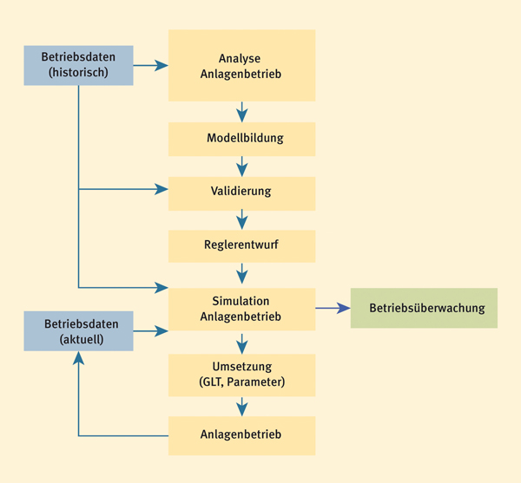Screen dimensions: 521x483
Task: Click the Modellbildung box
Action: coord(241,139)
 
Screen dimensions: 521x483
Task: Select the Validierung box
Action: coord(241,193)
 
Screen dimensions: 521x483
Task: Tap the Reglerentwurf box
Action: coord(241,246)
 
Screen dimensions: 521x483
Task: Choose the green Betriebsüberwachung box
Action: coord(424,308)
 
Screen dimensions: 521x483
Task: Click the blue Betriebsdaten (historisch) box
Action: coord(78,65)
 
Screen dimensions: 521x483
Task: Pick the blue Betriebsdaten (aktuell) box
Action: coord(78,331)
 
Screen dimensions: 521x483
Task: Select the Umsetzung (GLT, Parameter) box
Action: coord(241,375)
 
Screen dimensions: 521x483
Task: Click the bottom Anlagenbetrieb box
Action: coord(241,436)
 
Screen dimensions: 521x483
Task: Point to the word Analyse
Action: coord(240,59)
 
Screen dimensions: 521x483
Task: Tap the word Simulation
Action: coord(241,301)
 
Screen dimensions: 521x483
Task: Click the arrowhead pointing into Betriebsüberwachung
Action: coord(343,308)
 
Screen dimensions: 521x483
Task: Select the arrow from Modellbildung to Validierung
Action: coord(242,166)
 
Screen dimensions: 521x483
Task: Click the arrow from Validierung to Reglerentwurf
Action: coord(242,219)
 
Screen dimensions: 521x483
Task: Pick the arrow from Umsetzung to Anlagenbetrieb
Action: coord(242,407)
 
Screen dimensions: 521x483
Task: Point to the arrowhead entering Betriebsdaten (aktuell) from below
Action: coord(78,358)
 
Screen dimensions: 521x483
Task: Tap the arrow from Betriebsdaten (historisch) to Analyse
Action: coord(150,65)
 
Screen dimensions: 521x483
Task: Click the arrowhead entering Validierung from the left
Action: coord(162,189)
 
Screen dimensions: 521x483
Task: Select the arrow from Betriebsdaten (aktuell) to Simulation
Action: coord(150,331)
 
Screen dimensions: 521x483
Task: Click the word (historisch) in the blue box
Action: coord(78,72)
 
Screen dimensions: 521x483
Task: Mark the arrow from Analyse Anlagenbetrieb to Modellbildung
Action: coord(242,112)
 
